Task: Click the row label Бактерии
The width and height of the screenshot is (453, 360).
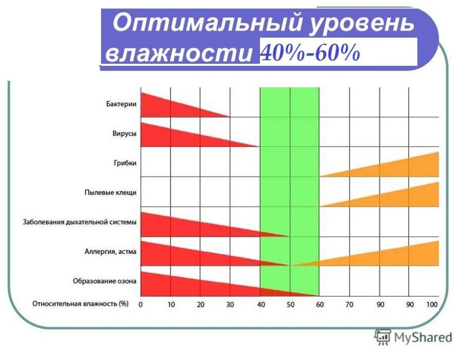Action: click(x=118, y=104)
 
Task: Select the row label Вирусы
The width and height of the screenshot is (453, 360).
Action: click(x=124, y=134)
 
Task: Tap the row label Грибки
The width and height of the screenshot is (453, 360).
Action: click(x=125, y=163)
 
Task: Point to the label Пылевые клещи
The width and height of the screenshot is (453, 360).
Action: click(x=110, y=193)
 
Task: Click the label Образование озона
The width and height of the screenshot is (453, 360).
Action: click(x=104, y=281)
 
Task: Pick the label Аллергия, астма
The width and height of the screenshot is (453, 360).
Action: click(x=110, y=251)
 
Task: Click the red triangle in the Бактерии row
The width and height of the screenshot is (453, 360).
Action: click(x=165, y=105)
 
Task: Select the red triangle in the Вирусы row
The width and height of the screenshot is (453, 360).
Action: click(x=175, y=135)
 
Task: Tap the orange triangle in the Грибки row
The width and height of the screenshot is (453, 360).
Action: click(x=407, y=167)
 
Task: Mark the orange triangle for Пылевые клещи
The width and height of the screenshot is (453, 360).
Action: click(x=407, y=197)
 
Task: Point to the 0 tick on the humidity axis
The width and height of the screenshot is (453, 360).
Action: click(x=141, y=304)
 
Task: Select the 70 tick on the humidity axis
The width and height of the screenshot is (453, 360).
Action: click(x=349, y=304)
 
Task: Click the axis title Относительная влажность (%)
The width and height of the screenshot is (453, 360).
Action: click(x=80, y=303)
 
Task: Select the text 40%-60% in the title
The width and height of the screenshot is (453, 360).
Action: click(x=310, y=52)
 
